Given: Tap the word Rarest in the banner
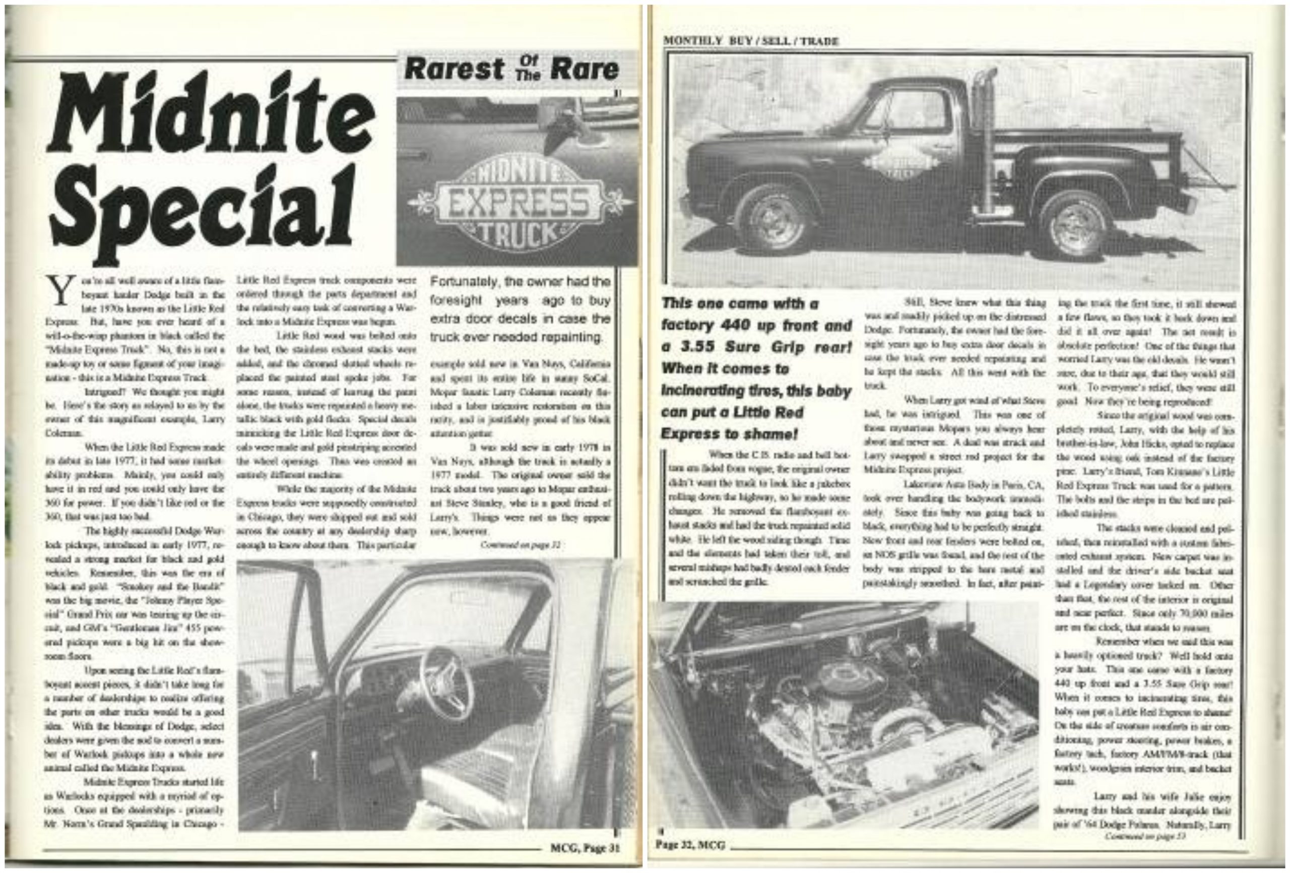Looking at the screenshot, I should click(x=454, y=69).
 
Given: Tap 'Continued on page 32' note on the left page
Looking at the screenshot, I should click(x=520, y=545).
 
